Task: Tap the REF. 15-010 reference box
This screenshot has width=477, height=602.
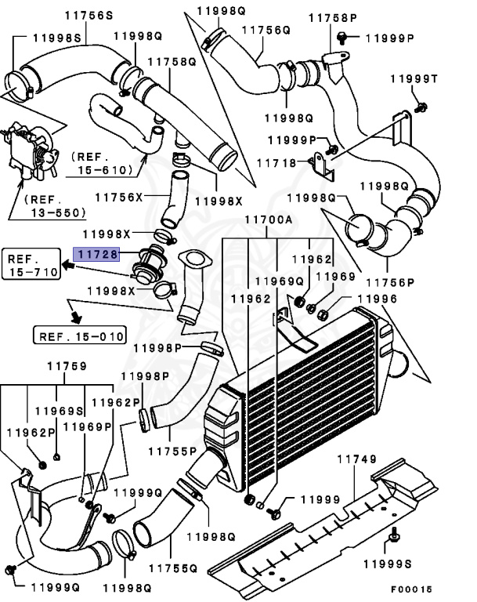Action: click(79, 337)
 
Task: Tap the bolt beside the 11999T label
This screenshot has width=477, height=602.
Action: click(421, 105)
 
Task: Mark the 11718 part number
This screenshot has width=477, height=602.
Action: click(280, 163)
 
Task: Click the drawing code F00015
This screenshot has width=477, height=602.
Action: click(411, 589)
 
